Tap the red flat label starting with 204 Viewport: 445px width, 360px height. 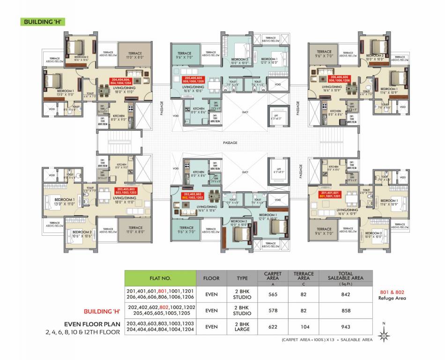(121, 81)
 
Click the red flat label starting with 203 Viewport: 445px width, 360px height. (126, 191)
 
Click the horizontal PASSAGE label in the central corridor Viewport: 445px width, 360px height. (230, 142)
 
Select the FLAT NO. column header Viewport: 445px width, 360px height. (160, 277)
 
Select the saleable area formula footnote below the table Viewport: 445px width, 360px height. (327, 339)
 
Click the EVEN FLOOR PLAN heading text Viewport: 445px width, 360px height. (92, 323)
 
